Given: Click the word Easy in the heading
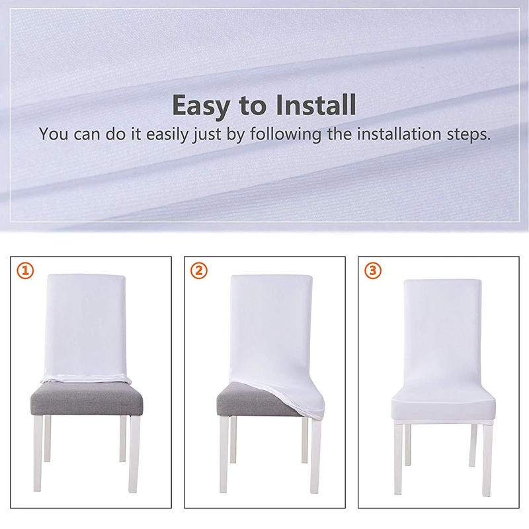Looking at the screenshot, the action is (202, 106).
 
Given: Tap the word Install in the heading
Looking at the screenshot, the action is (316, 105).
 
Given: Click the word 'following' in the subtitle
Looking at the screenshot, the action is (286, 134).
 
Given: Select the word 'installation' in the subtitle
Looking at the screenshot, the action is (399, 134).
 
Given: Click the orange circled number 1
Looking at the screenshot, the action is (26, 270).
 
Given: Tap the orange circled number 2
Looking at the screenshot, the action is (199, 270).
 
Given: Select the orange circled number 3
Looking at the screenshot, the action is (373, 270).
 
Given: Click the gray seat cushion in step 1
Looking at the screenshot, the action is (87, 400).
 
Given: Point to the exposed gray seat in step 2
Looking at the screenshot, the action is (256, 400).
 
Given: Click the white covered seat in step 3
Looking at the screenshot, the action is (443, 408).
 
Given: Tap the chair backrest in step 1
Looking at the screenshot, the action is (86, 325).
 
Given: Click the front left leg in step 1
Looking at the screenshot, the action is (38, 454).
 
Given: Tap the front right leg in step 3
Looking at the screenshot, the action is (487, 460).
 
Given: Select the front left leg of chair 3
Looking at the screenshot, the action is (399, 459).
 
